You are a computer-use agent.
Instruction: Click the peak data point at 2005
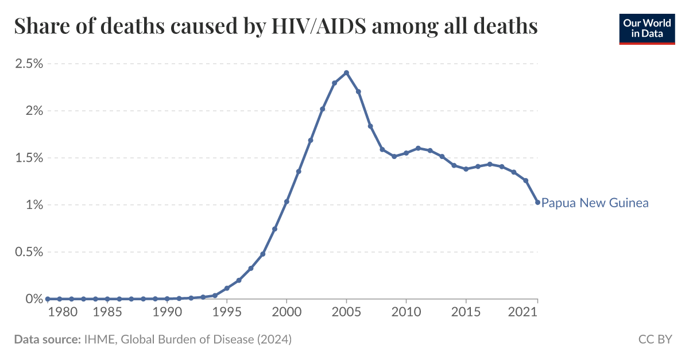pos(346,72)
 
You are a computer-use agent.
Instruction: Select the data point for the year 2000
pos(287,202)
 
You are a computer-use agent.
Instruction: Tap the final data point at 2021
pos(537,202)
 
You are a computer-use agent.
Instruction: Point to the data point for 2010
pos(406,153)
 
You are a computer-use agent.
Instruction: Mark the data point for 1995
pos(227,288)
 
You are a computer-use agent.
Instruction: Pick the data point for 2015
pos(466,169)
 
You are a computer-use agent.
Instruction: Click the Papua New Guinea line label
pos(595,203)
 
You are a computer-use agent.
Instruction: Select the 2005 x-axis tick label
pos(346,313)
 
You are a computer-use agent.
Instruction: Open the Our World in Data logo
pos(647,29)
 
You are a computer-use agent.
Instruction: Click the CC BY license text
pos(655,339)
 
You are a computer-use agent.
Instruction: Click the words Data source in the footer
pos(47,339)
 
